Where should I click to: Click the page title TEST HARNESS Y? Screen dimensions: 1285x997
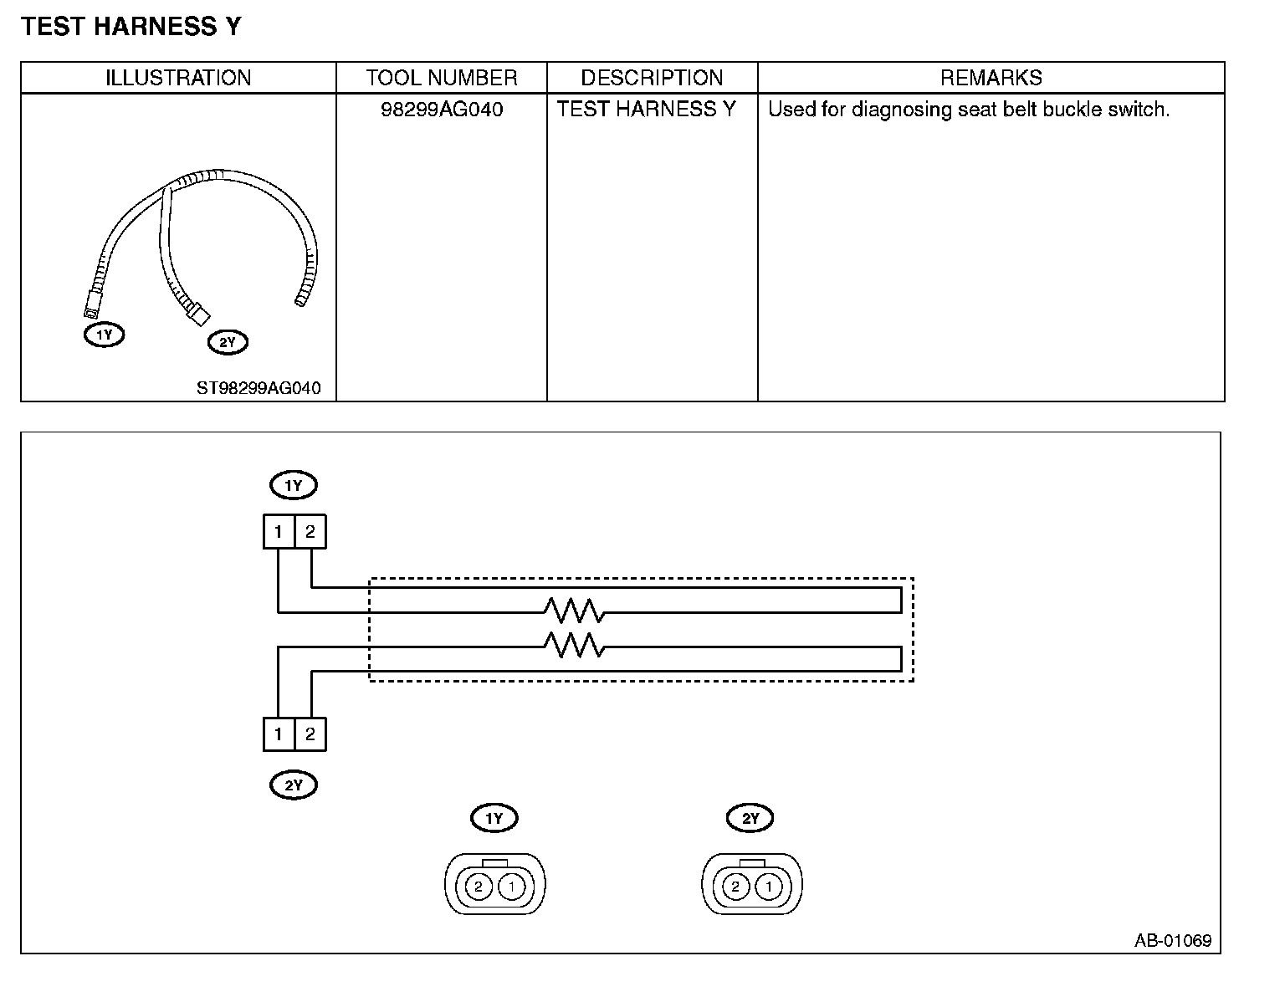131,27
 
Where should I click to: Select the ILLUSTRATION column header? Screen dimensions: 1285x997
178,78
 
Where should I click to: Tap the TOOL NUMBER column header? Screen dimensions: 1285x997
441,78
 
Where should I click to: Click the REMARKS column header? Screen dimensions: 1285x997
991,78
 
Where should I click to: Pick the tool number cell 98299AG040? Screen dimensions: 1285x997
441,110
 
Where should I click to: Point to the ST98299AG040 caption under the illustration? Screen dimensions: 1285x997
259,388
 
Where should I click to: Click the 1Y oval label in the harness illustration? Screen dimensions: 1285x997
104,335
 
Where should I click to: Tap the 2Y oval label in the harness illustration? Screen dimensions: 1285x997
228,342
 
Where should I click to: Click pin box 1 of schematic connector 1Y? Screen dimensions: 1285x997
279,531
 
